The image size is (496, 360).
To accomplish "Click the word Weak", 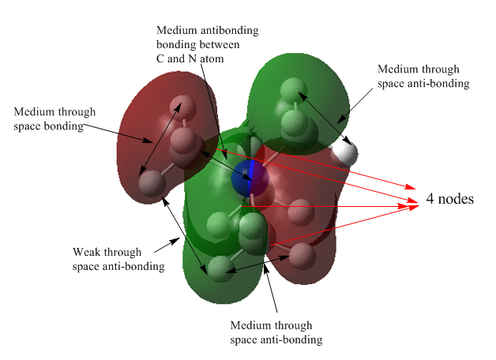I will click(86, 253).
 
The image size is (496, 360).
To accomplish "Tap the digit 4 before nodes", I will click(430, 199).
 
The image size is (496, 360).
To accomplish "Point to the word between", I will click(220, 44).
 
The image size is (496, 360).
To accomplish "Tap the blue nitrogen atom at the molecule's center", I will click(250, 178).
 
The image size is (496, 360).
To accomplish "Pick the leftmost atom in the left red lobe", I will click(150, 184).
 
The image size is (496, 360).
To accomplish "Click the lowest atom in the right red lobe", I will click(302, 254).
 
